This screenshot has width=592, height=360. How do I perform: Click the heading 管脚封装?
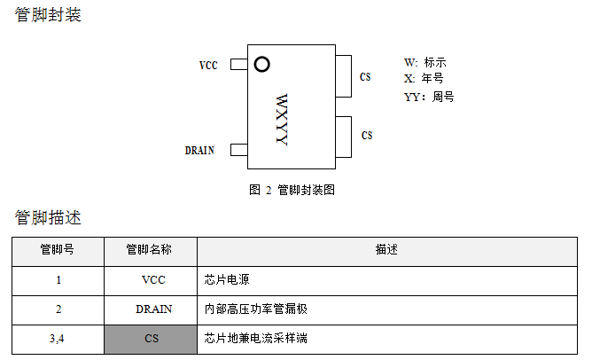(x=48, y=15)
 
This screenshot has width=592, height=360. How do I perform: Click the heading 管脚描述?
(x=48, y=217)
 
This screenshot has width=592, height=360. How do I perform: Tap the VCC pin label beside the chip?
(x=208, y=66)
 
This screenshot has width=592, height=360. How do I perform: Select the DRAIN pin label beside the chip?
(x=199, y=151)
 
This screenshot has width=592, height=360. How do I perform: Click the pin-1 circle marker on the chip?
(x=261, y=64)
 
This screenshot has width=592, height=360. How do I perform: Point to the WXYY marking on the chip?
(x=282, y=119)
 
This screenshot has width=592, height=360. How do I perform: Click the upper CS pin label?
(x=365, y=77)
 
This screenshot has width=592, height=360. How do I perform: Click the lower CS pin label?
(x=367, y=136)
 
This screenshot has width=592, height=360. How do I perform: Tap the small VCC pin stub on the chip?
(x=238, y=65)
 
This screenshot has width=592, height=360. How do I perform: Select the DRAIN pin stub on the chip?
(x=238, y=150)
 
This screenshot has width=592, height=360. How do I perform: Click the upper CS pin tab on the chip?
(x=344, y=75)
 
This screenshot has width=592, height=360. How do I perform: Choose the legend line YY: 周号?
(x=429, y=97)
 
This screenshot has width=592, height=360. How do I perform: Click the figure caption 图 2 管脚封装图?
(x=292, y=190)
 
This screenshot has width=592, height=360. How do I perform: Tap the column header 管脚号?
(x=58, y=250)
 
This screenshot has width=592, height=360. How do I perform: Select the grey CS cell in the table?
(x=151, y=339)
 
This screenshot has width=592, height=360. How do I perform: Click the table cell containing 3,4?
(x=58, y=339)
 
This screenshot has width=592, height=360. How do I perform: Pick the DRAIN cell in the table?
(x=151, y=309)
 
